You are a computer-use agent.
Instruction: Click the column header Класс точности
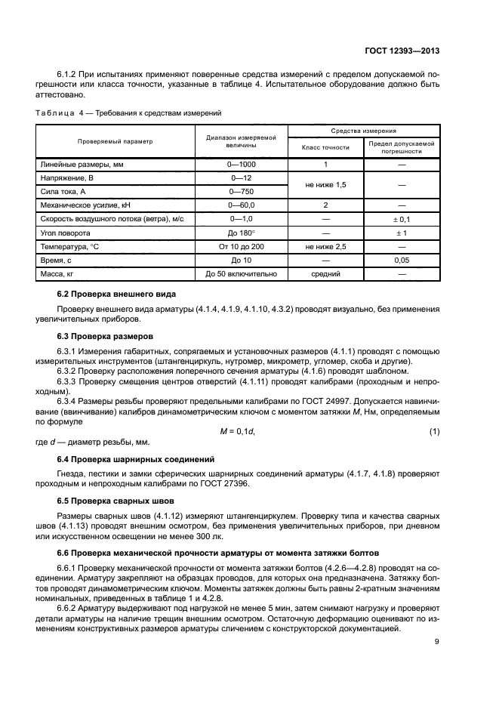pyautogui.click(x=325, y=147)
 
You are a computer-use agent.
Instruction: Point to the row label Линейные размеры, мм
pyautogui.click(x=72, y=164)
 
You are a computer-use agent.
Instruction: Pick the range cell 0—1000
pyautogui.click(x=241, y=164)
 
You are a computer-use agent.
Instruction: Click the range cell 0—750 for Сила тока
pyautogui.click(x=241, y=191)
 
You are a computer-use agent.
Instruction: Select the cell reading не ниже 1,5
pyautogui.click(x=325, y=183)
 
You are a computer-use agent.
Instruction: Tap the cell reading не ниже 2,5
pyautogui.click(x=325, y=246)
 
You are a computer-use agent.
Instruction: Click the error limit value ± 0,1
pyautogui.click(x=402, y=218)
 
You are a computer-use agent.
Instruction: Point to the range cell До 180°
pyautogui.click(x=241, y=233)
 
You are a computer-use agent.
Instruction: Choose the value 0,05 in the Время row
pyautogui.click(x=402, y=260)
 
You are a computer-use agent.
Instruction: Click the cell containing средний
pyautogui.click(x=325, y=273)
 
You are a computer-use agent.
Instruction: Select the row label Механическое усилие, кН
pyautogui.click(x=82, y=205)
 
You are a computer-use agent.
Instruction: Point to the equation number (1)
pyautogui.click(x=435, y=431)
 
